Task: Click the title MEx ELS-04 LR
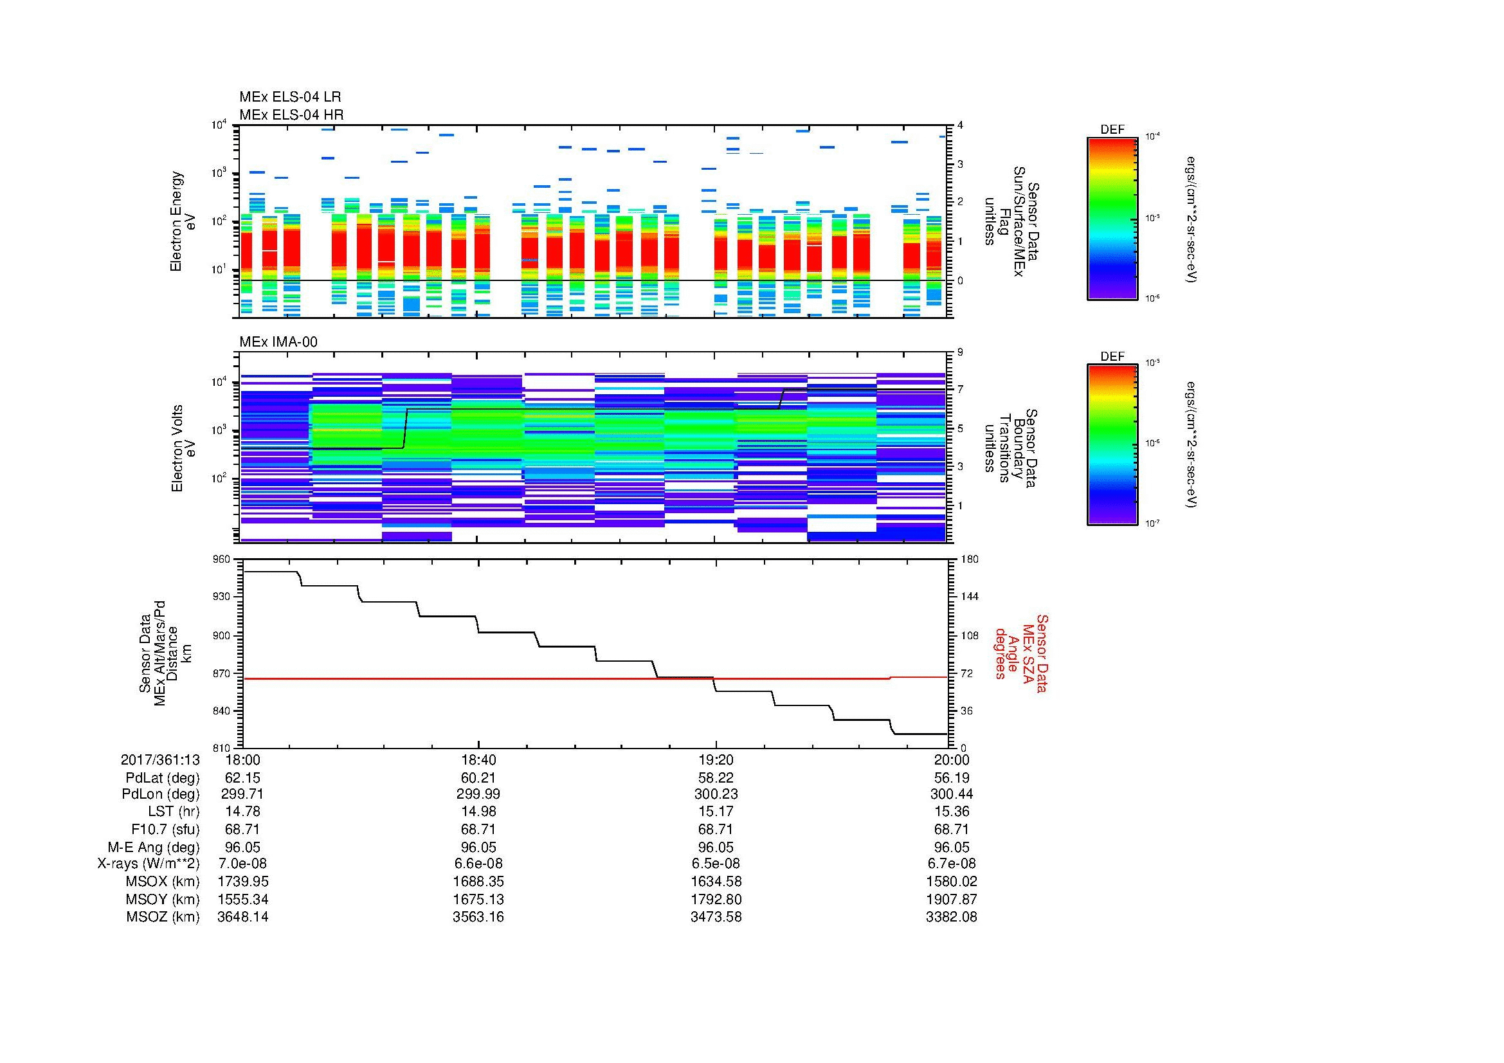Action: (x=289, y=97)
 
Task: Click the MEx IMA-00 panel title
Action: (x=278, y=342)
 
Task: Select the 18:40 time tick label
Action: (x=478, y=759)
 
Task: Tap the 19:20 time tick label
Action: (x=716, y=759)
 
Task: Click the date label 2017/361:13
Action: (x=160, y=759)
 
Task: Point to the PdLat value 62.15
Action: (x=242, y=777)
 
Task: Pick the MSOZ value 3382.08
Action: (x=951, y=917)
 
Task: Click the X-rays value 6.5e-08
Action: (x=716, y=864)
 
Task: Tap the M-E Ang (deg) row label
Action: (x=153, y=847)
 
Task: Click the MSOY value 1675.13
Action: (x=478, y=899)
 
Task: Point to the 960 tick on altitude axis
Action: (x=222, y=559)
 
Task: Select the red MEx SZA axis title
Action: (x=1021, y=653)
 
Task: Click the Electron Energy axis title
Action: (x=183, y=221)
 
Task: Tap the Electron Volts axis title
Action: (x=183, y=449)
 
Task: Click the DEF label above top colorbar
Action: (x=1112, y=130)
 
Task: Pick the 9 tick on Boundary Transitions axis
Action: (x=960, y=352)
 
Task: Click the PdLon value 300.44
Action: (x=951, y=794)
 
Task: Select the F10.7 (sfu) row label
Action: (x=165, y=829)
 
